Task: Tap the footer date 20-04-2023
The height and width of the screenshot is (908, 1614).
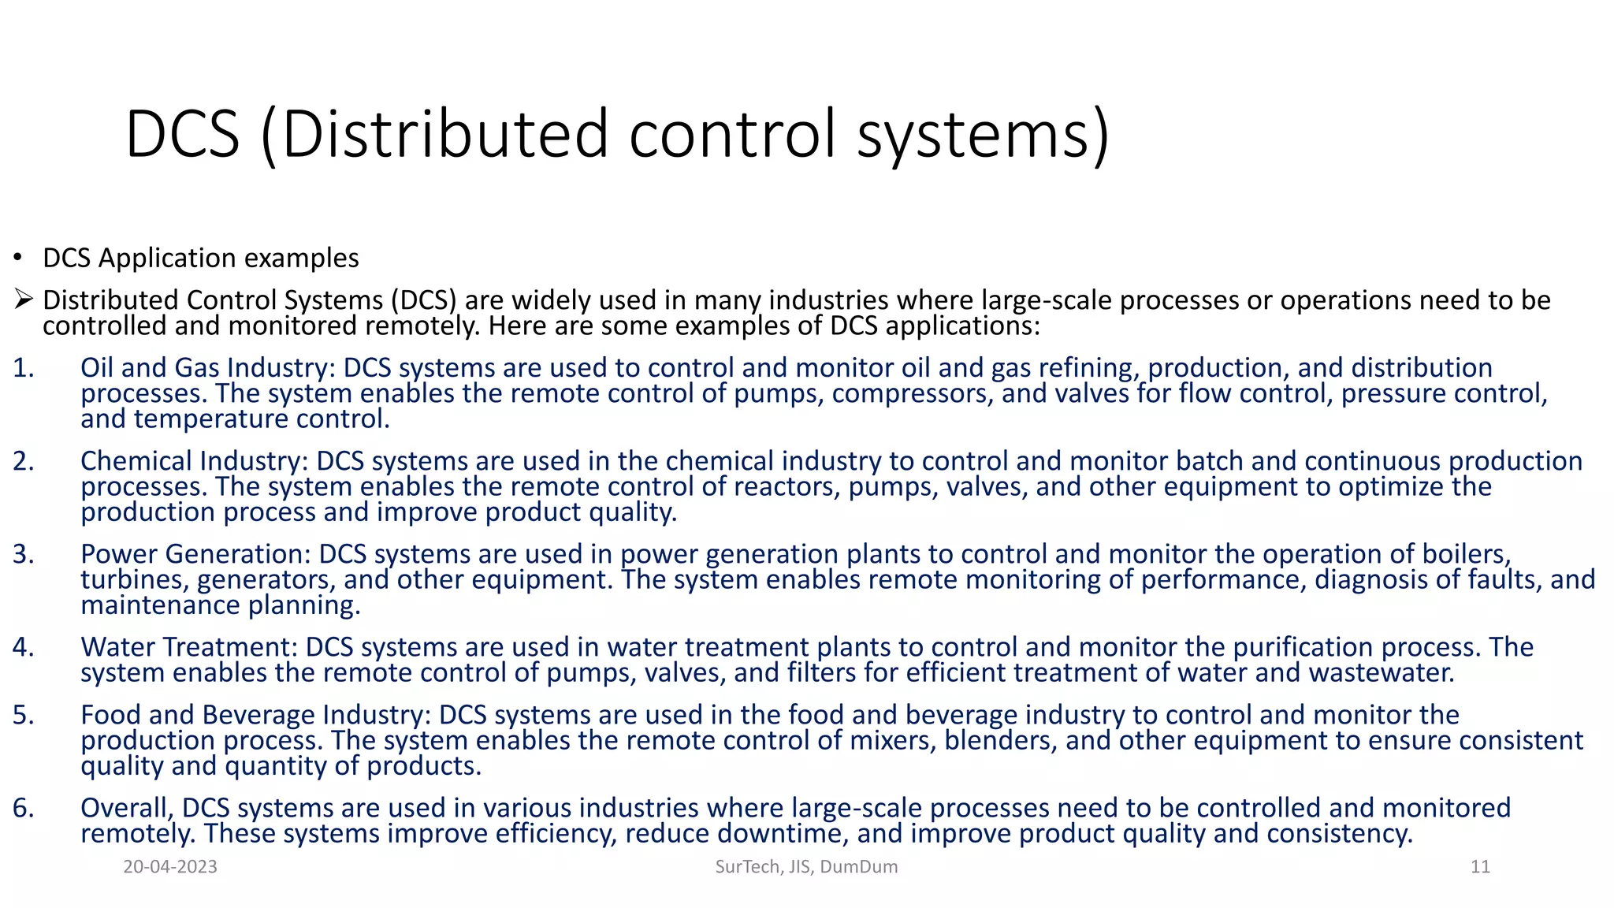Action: [170, 867]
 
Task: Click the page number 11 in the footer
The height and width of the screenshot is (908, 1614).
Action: [1480, 867]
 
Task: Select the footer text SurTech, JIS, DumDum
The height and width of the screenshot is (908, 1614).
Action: [806, 867]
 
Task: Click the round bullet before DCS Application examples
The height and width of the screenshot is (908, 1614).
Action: [17, 259]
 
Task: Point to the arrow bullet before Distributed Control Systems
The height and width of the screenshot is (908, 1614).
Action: [23, 300]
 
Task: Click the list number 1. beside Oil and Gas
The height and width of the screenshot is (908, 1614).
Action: [24, 368]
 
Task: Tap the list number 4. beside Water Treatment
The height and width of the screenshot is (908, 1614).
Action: [24, 647]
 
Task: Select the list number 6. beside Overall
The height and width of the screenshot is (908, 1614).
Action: [24, 808]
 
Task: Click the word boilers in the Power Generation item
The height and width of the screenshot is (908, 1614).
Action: [1467, 554]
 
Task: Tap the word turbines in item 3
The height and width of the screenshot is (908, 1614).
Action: [134, 579]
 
